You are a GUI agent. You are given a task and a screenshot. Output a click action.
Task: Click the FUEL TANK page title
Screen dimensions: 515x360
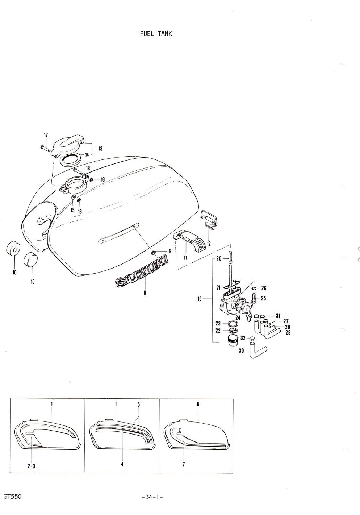156,33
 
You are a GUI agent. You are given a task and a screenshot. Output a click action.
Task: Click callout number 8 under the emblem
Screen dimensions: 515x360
145,293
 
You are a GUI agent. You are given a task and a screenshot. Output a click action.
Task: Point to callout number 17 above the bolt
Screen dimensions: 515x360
46,136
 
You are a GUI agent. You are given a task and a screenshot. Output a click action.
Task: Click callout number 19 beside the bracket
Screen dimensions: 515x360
200,299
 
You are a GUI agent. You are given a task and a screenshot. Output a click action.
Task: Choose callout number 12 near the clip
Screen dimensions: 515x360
209,244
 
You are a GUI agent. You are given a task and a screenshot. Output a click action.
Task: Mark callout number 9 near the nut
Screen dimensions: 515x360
170,251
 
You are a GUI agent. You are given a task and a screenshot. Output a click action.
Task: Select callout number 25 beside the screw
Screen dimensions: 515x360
263,298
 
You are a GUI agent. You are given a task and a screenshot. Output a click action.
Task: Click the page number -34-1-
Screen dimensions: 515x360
152,497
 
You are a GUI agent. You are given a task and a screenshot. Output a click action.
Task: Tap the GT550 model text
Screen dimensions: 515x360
13,496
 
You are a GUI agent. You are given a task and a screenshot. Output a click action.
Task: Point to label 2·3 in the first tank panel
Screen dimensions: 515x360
32,466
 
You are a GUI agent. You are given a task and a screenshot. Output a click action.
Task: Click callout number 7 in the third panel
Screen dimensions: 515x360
184,465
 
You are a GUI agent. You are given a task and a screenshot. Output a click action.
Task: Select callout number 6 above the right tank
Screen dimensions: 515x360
198,404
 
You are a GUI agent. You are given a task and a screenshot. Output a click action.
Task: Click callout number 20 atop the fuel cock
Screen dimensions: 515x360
219,259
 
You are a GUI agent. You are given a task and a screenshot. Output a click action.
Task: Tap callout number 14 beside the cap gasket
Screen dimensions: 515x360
87,155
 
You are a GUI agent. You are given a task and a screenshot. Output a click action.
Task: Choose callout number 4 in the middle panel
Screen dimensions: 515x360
122,464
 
